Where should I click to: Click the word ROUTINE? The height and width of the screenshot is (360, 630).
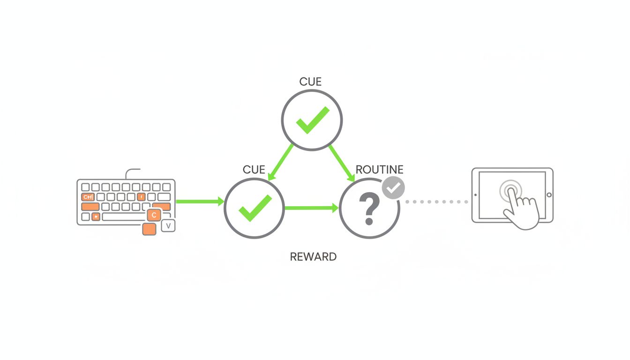coord(379,169)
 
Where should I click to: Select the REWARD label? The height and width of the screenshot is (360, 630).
coord(313,257)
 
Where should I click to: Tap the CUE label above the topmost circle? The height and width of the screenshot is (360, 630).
coord(310,82)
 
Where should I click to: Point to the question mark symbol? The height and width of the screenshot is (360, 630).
coord(368,210)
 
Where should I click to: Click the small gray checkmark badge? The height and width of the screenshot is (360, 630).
coord(393,188)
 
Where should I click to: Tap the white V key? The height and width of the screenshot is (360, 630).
coord(168,226)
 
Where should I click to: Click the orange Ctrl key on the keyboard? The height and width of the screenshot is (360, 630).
coord(88,197)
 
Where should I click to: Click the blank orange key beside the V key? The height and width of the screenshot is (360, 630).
coord(149,229)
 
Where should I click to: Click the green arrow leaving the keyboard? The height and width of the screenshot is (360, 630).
coord(200,202)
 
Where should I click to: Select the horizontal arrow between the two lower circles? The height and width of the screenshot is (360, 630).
coord(311,208)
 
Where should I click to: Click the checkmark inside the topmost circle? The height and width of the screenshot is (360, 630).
coord(312,120)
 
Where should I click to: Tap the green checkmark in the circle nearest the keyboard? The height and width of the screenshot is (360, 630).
coord(255,208)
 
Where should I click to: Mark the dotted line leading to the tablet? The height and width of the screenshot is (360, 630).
coord(436,202)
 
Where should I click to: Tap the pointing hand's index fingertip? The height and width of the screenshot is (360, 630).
coord(510,191)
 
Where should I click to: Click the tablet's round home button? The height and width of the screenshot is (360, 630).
coord(549,195)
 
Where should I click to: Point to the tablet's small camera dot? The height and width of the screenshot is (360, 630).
coord(475,195)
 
